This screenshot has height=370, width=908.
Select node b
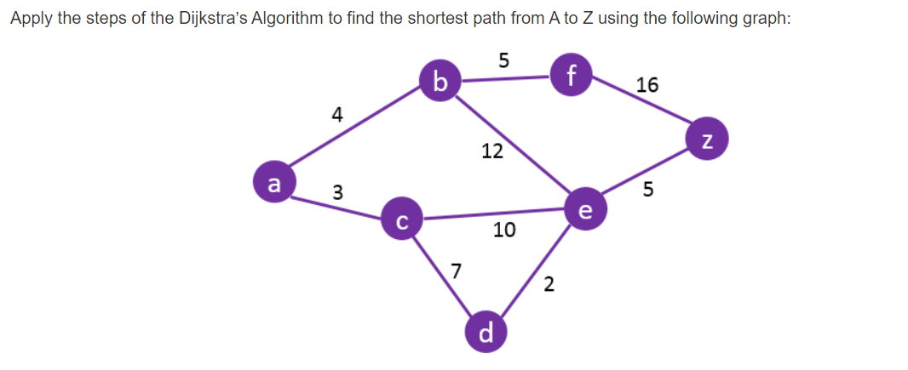440,82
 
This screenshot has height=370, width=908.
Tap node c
402,221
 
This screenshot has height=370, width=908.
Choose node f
571,74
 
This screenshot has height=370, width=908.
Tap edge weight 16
647,85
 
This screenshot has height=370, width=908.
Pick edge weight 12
491,152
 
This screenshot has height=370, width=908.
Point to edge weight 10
504,230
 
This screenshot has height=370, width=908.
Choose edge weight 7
457,272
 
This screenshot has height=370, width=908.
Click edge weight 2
549,285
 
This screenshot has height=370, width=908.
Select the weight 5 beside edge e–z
648,191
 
